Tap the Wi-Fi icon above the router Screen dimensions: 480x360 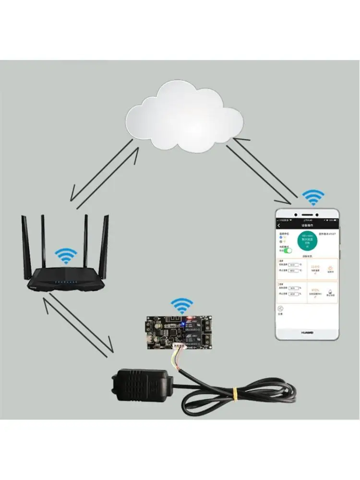pos(66,256)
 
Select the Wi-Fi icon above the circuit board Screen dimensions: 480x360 pos(182,306)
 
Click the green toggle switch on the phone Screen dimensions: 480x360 pos(287,250)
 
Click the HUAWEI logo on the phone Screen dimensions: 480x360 pos(308,331)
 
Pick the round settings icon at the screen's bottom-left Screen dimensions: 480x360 pos(280,310)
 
